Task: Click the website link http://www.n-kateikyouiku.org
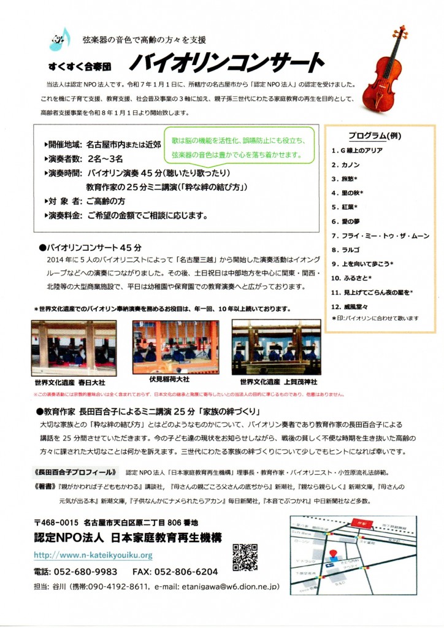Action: [x=93, y=556]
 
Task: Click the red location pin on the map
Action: [x=334, y=556]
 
